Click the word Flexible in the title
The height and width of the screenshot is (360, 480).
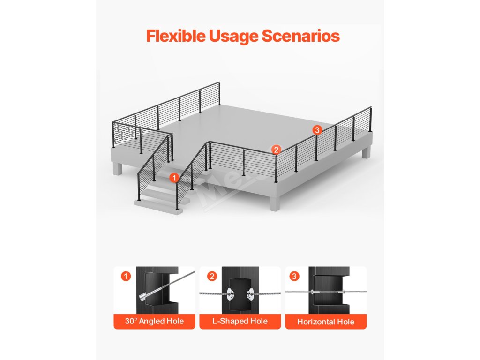pyautogui.click(x=176, y=36)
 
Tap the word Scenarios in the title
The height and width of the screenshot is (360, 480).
pyautogui.click(x=300, y=36)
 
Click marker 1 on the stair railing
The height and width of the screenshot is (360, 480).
pyautogui.click(x=174, y=178)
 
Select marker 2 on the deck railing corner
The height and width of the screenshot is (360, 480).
pyautogui.click(x=276, y=150)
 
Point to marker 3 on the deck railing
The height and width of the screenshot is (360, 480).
pyautogui.click(x=317, y=130)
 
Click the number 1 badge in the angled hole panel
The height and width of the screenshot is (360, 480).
pyautogui.click(x=126, y=277)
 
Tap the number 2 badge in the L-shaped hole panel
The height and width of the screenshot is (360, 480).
pyautogui.click(x=212, y=277)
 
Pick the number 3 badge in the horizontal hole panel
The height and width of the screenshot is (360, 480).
pyautogui.click(x=294, y=277)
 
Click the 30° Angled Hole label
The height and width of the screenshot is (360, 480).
pyautogui.click(x=154, y=321)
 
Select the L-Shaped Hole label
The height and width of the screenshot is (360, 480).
pyautogui.click(x=240, y=321)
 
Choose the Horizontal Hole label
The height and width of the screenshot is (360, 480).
pyautogui.click(x=326, y=322)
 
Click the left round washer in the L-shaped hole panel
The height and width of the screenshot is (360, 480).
pyautogui.click(x=230, y=294)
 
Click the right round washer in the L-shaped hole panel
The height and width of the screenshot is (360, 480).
pyautogui.click(x=250, y=294)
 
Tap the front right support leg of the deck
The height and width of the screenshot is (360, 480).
pyautogui.click(x=275, y=202)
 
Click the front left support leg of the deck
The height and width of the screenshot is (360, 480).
pyautogui.click(x=117, y=168)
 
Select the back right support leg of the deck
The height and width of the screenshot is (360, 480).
pyautogui.click(x=366, y=152)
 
